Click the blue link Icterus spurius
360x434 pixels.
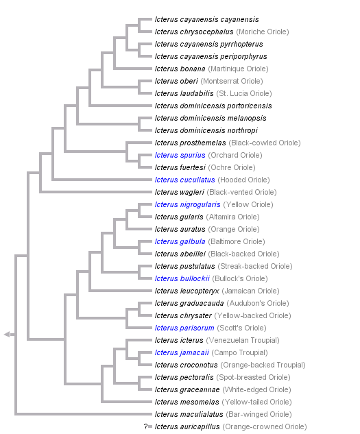coord(180,155)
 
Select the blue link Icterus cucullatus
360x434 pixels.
coord(184,180)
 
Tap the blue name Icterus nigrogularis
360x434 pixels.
coord(187,204)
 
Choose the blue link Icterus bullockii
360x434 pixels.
coord(182,278)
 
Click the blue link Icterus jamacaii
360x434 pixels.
coord(182,352)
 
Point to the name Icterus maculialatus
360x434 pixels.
coord(190,414)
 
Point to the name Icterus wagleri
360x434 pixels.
coord(179,192)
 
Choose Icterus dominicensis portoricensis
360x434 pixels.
coord(213,106)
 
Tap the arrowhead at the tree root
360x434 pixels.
coord(8,334)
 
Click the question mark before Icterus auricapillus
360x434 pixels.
coord(147,426)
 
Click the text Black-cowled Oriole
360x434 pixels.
coord(265,143)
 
